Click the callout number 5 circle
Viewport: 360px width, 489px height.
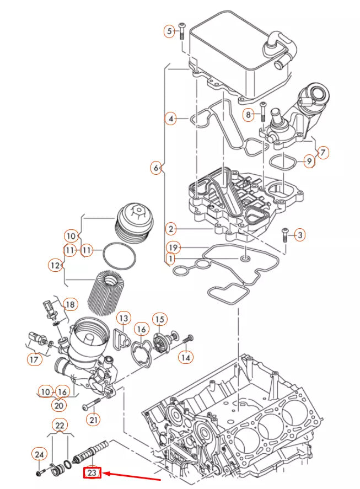point(170,31)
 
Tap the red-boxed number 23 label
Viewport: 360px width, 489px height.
point(92,472)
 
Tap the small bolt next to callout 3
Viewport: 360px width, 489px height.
point(286,235)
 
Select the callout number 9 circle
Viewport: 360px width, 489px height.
point(309,161)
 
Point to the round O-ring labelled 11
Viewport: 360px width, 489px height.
point(120,257)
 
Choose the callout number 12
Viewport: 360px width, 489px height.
point(55,266)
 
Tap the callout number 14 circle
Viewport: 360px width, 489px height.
point(186,357)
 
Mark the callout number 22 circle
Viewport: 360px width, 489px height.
point(60,425)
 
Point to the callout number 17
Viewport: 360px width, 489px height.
point(34,359)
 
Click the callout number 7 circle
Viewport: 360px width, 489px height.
point(323,151)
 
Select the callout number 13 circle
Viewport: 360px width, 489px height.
point(123,319)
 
